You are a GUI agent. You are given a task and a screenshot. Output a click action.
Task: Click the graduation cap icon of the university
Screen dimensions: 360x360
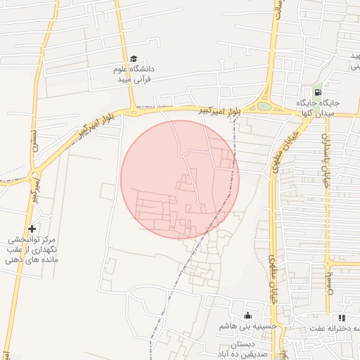coord(134,59)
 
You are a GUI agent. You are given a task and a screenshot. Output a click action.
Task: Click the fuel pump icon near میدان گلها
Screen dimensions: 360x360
coord(318,92)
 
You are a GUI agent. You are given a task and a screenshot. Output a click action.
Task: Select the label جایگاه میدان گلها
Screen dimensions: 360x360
coord(323,108)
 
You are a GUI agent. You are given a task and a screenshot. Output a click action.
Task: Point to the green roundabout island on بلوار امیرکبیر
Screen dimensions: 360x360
coord(264,107)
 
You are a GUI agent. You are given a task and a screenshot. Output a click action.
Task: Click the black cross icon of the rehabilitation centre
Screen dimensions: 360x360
coord(32,229)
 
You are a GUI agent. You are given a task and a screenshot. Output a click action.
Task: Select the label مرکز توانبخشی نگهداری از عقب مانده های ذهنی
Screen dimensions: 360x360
coord(32,250)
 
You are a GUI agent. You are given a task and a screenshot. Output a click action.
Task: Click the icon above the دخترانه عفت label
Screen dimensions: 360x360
coord(342,318)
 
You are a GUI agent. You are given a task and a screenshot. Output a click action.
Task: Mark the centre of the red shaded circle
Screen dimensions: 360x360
coord(180,180)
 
